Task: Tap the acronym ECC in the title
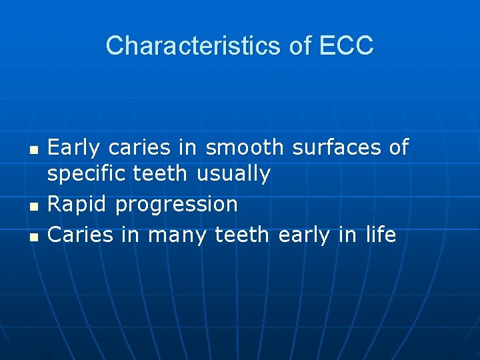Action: point(347,45)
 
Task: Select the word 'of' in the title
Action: point(301,45)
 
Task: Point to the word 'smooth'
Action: point(244,147)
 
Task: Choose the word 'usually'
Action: point(233,175)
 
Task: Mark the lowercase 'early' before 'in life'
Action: point(305,235)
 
